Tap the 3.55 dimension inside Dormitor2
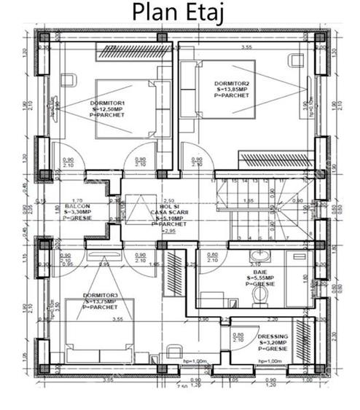[247, 46]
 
